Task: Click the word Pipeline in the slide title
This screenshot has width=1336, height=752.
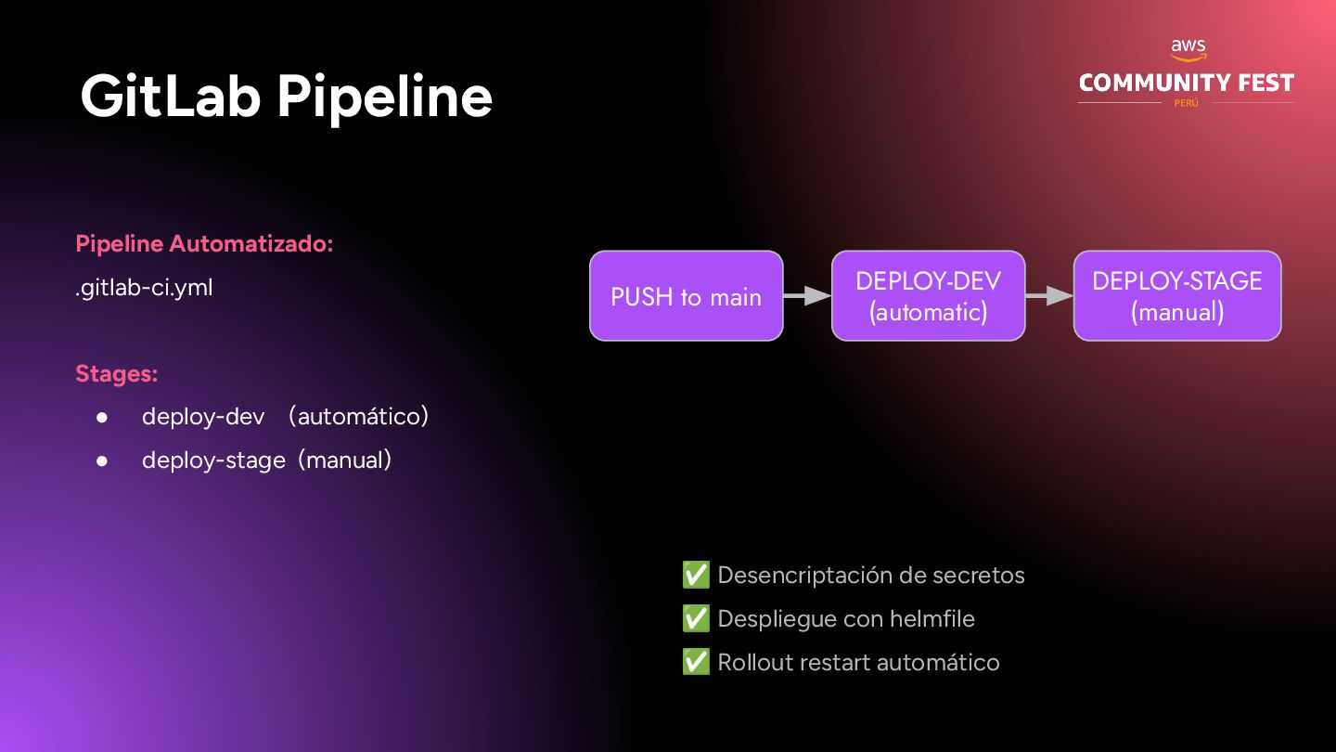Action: point(384,97)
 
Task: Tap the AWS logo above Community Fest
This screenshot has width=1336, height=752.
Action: point(1188,50)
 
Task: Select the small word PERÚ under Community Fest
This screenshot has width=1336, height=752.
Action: point(1187,103)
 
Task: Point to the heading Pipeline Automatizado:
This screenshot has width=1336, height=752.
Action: point(204,244)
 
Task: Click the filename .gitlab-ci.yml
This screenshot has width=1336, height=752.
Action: point(144,288)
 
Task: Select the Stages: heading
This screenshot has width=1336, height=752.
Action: point(116,373)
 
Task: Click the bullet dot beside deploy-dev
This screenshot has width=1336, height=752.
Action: point(103,417)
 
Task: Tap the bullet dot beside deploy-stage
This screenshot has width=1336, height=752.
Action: point(103,460)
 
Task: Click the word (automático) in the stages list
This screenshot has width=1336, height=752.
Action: point(358,416)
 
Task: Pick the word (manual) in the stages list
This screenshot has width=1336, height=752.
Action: point(345,460)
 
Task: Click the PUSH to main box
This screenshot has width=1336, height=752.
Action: point(686,296)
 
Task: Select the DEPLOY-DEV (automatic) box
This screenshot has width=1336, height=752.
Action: point(928,296)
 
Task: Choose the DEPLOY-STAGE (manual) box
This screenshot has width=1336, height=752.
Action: point(1176,296)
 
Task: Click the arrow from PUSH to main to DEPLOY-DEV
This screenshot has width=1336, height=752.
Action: point(807,296)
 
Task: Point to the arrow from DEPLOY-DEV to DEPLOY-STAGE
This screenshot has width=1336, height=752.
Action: point(1049,296)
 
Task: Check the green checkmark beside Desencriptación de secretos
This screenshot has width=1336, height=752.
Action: point(696,575)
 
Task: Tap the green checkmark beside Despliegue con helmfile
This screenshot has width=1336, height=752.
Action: point(696,618)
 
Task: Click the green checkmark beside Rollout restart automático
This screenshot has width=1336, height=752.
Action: point(696,662)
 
